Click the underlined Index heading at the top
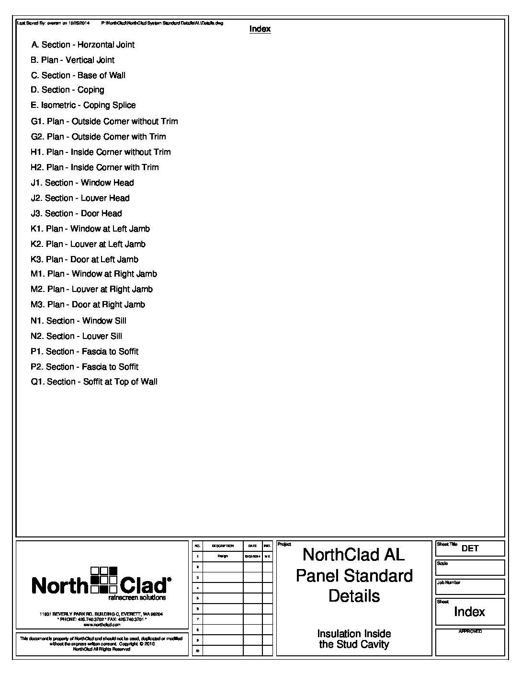click(260, 29)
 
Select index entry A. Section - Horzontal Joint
click(83, 45)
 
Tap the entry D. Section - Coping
click(68, 90)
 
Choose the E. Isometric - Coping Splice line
click(83, 105)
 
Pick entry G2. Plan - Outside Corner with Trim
click(99, 137)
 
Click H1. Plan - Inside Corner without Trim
click(101, 152)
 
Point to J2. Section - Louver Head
click(80, 198)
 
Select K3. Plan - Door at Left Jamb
click(85, 260)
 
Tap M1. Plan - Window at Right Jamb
click(94, 274)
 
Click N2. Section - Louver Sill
click(77, 337)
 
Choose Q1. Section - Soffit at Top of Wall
click(94, 382)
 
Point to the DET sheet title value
click(470, 548)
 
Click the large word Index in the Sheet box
click(469, 612)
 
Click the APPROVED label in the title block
click(470, 631)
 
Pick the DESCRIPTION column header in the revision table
click(223, 546)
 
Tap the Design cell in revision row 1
click(223, 556)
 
